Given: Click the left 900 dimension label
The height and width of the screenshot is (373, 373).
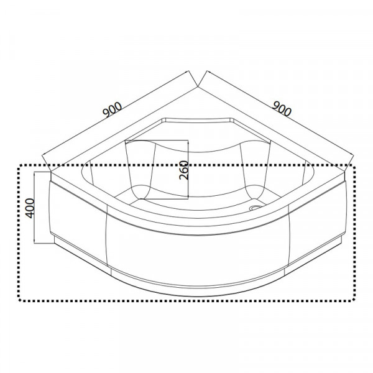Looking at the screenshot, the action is [112, 109].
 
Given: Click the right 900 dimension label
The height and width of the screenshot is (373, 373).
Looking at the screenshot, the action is [282, 108].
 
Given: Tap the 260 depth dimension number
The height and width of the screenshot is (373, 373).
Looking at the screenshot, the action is [184, 170].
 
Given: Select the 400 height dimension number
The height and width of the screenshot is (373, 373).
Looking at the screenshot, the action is [30, 208].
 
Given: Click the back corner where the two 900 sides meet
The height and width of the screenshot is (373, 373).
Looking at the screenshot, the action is [198, 87].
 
